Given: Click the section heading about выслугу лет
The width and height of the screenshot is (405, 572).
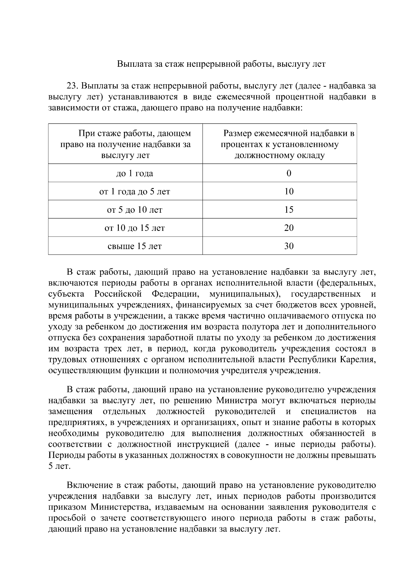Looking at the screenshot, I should [x=221, y=64].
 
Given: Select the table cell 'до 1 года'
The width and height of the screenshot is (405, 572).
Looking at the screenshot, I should [x=134, y=174].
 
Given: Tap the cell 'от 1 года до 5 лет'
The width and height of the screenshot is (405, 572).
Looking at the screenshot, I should [x=134, y=192].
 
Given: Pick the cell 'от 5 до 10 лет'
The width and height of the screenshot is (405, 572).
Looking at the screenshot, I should [x=134, y=210].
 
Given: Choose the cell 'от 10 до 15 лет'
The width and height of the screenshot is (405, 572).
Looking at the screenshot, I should [x=134, y=228].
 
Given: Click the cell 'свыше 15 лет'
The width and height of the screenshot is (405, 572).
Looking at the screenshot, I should [x=134, y=246].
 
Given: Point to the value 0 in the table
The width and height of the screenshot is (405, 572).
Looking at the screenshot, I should [x=289, y=174].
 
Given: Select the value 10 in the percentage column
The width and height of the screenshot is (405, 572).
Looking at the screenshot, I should [x=289, y=192].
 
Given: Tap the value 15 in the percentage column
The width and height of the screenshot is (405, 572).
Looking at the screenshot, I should [x=289, y=210].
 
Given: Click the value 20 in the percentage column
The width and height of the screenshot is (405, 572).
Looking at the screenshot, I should [x=289, y=228].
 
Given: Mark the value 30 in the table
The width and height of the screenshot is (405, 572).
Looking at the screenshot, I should [x=289, y=246].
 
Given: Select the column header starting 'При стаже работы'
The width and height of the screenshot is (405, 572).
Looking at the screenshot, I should [x=125, y=144].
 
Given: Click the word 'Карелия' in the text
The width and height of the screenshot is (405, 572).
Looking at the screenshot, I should [x=358, y=360].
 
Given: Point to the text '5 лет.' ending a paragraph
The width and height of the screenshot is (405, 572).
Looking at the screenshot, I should [x=59, y=466].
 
